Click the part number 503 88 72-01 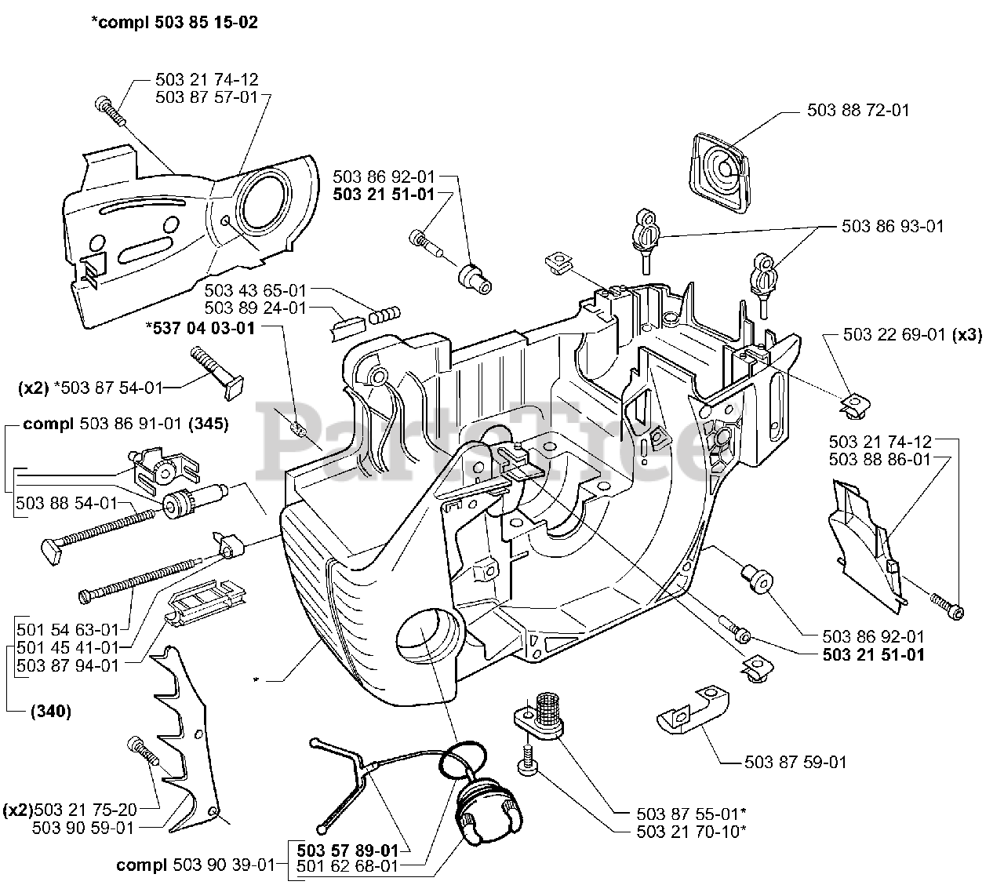tap(858, 111)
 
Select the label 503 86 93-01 tap(893, 226)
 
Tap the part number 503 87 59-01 tap(795, 762)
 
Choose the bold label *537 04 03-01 tap(201, 328)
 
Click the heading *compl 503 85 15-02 tap(174, 23)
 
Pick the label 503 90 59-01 tap(84, 827)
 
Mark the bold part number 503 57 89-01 tap(347, 850)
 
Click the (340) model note tap(51, 712)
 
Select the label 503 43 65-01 tap(255, 291)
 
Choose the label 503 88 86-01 tap(879, 459)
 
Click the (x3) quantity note tap(967, 335)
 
